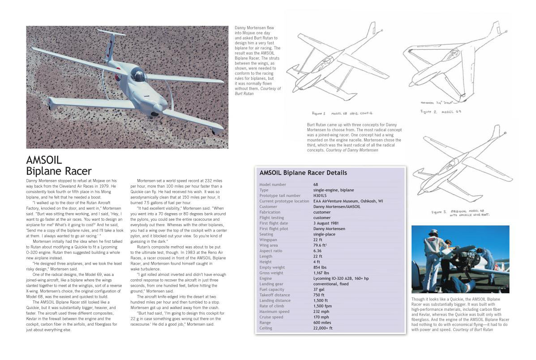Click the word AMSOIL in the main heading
44,160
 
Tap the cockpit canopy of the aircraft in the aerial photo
138,74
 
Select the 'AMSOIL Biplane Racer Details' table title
303,173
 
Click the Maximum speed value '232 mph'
322,312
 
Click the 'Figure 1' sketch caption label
320,113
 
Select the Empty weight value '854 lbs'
322,267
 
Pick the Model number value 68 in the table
316,184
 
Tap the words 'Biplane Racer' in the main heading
59,171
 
